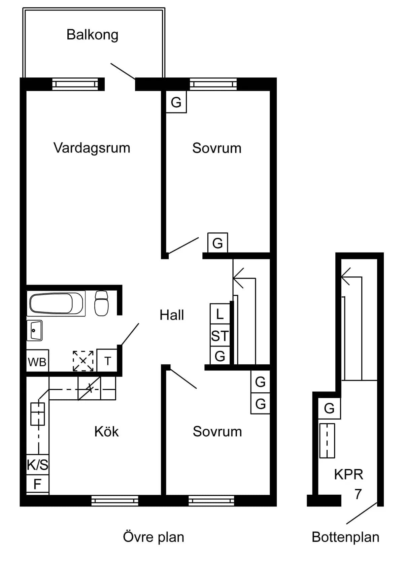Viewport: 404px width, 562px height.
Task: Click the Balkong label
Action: click(92, 35)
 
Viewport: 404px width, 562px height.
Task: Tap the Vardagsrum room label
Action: click(92, 148)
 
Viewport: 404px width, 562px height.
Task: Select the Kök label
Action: click(106, 431)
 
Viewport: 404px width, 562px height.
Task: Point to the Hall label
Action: click(172, 315)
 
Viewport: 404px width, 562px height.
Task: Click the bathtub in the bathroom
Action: click(56, 304)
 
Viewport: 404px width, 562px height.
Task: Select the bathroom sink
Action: click(34, 330)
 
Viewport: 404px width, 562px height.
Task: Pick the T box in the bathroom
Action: click(107, 361)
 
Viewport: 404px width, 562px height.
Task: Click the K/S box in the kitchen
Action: click(38, 465)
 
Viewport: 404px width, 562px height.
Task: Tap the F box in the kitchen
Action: click(37, 484)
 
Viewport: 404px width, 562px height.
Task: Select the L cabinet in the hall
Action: click(220, 315)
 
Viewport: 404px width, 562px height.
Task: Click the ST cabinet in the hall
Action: click(220, 336)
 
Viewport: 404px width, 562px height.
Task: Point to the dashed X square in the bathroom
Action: click(83, 361)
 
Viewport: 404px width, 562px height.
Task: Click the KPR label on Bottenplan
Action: click(348, 474)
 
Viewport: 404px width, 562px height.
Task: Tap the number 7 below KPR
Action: click(358, 494)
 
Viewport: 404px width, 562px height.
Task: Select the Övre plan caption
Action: click(154, 537)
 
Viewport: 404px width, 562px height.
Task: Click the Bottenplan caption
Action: click(345, 537)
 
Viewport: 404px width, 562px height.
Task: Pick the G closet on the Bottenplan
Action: click(329, 408)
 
